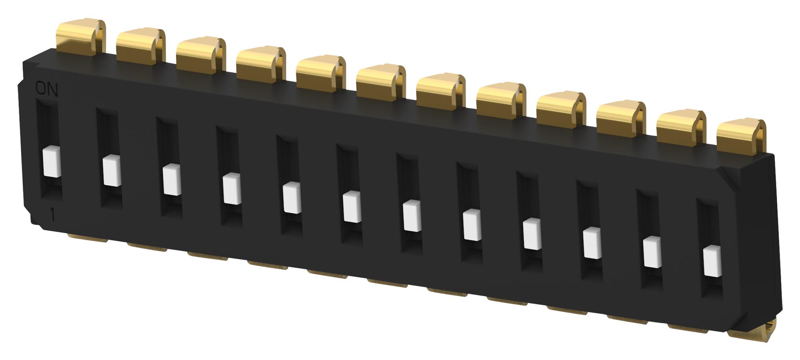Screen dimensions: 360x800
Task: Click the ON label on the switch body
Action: [47, 89]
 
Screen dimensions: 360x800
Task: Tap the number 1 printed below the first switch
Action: [52, 215]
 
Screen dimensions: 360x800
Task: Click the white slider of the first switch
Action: [52, 162]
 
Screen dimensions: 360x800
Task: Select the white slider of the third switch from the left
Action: [172, 180]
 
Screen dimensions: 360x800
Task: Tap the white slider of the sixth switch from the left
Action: [352, 207]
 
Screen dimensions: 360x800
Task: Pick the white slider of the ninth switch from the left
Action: [532, 234]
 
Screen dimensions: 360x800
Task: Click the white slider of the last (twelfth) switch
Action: [712, 262]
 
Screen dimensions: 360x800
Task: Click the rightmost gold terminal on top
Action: [741, 136]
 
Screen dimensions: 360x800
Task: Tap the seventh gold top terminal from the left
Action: [441, 91]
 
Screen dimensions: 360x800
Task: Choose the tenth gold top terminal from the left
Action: [621, 118]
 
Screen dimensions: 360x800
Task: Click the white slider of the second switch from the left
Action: [112, 171]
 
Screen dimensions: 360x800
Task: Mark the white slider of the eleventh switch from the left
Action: [652, 252]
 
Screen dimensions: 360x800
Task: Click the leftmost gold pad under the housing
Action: [87, 238]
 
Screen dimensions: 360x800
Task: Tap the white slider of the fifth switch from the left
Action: [292, 198]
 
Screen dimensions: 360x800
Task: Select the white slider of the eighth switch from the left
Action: [472, 225]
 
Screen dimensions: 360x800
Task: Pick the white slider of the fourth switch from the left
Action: [232, 189]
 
